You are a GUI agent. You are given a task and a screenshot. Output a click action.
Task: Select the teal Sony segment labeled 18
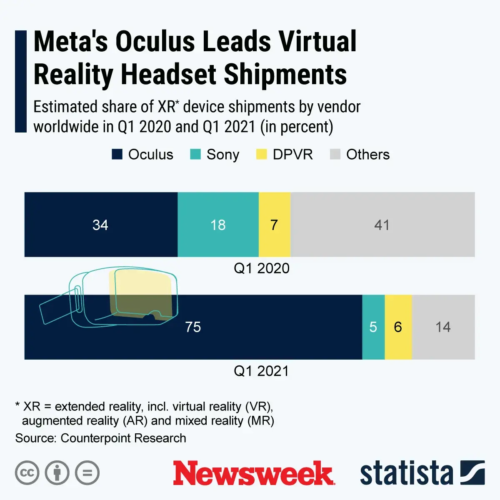tap(218, 225)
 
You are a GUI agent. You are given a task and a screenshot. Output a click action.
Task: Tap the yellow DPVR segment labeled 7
tap(274, 225)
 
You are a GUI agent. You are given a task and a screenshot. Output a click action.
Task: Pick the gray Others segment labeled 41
tap(382, 225)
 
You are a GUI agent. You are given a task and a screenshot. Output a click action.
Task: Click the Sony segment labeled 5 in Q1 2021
tap(373, 327)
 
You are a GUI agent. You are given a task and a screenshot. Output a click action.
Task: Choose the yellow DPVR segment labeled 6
tap(398, 327)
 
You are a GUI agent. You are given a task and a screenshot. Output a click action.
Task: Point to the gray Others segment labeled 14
tap(443, 327)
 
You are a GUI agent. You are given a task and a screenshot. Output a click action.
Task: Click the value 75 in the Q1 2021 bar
tap(193, 327)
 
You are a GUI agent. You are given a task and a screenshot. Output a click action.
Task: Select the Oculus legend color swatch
tap(117, 155)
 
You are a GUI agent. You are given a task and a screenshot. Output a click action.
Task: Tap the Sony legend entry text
tap(223, 155)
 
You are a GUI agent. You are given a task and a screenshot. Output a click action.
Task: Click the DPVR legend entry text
tap(292, 155)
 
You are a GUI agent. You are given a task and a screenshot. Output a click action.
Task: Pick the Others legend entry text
tap(367, 155)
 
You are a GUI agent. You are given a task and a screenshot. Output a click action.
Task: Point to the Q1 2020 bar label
tap(261, 268)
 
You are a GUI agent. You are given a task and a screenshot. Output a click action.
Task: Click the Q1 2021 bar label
tap(261, 371)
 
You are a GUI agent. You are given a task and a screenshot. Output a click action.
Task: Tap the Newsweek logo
tap(253, 473)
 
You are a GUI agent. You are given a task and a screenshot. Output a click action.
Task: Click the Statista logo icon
tap(472, 473)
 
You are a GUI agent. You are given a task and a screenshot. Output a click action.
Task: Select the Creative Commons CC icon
tap(27, 473)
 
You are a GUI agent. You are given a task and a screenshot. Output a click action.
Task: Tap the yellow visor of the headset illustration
tap(142, 292)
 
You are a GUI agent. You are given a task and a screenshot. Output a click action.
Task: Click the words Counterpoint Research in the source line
tap(123, 438)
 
